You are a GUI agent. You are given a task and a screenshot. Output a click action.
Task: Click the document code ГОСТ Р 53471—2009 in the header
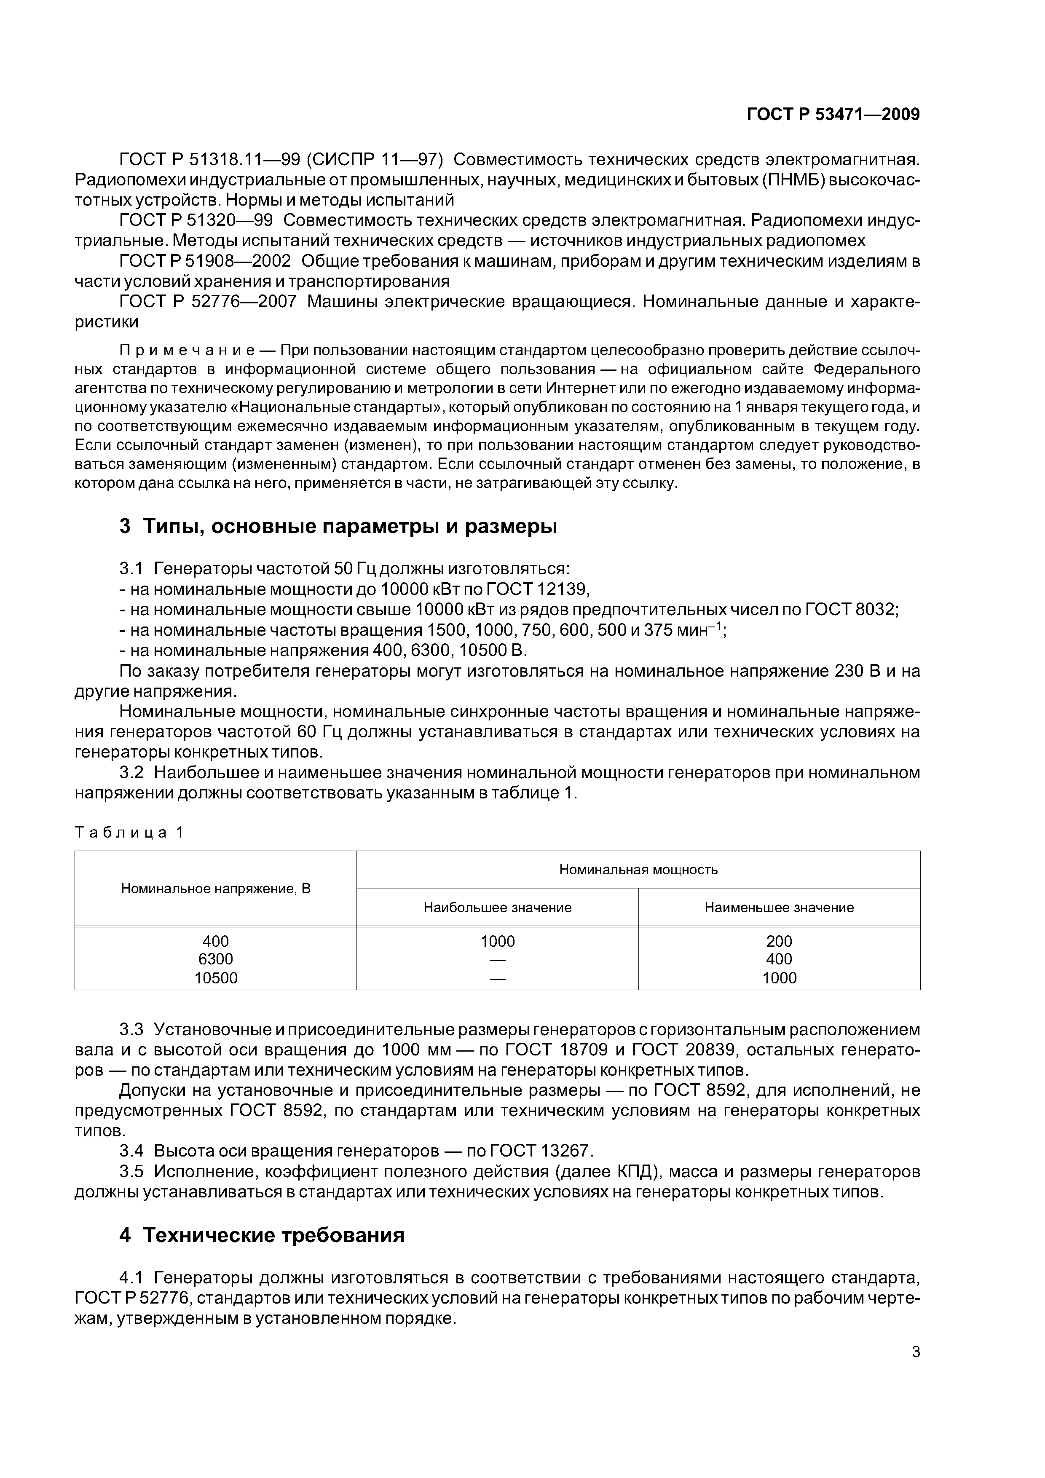point(833,115)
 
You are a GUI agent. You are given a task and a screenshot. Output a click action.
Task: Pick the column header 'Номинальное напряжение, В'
point(216,889)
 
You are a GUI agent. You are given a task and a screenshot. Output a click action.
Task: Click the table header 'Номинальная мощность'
point(638,870)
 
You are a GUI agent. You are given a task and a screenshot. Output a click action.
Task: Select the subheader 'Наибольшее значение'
point(497,908)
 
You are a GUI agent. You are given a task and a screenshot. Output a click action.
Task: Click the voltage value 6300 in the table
point(216,959)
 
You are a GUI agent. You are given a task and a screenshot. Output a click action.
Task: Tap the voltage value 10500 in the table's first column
point(216,978)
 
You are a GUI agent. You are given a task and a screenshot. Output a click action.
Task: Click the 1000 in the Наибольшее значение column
point(497,941)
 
